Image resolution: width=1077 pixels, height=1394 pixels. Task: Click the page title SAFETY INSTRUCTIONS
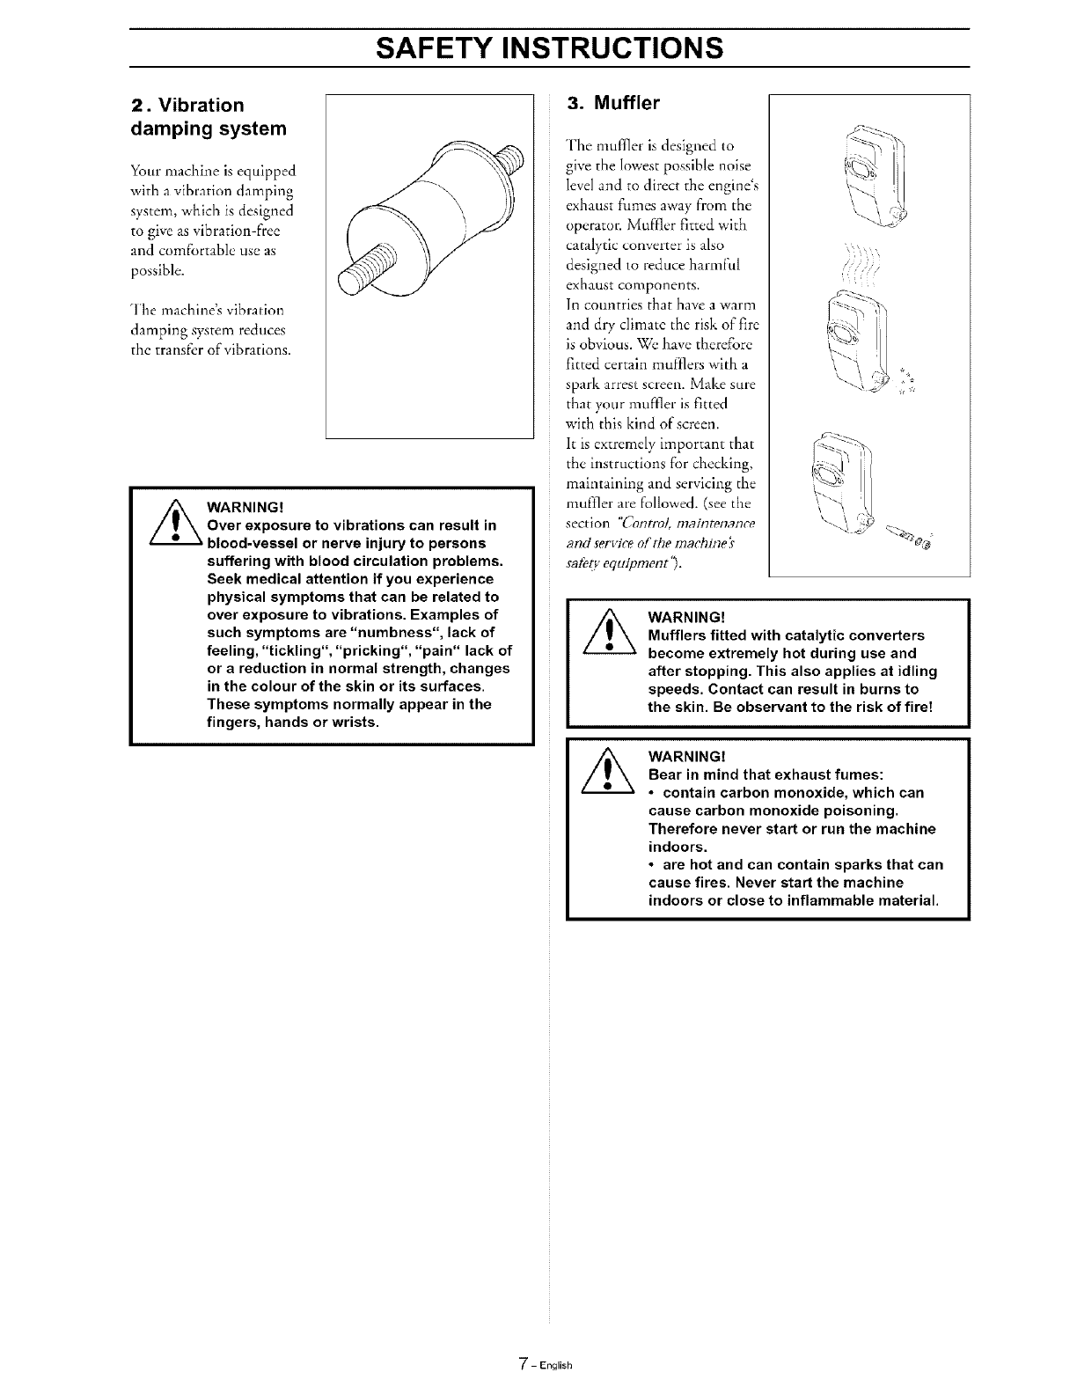click(550, 47)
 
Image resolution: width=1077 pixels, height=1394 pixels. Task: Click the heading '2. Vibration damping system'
click(209, 117)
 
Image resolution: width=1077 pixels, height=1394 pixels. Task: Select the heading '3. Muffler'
click(614, 103)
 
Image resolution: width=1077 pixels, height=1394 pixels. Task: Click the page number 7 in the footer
click(523, 1365)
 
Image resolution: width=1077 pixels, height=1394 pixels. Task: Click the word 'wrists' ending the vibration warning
click(352, 723)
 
